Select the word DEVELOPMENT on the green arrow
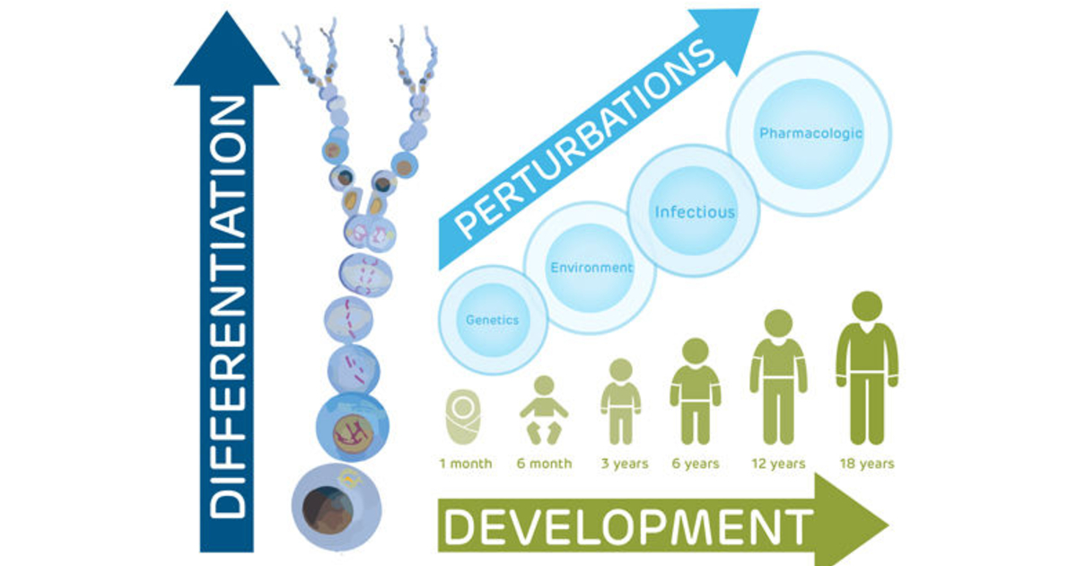(628, 527)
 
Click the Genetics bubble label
(493, 320)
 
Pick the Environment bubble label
(591, 268)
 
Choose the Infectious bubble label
(695, 212)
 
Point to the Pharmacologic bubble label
(810, 133)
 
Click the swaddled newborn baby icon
(463, 416)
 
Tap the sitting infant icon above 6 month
(544, 410)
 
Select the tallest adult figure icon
(867, 368)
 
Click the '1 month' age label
(466, 464)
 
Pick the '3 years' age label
(625, 464)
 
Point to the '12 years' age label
(778, 464)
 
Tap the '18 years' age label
(867, 464)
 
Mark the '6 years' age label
(696, 464)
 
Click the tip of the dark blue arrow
(226, 12)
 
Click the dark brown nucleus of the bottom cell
(328, 510)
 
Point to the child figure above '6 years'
(696, 391)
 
